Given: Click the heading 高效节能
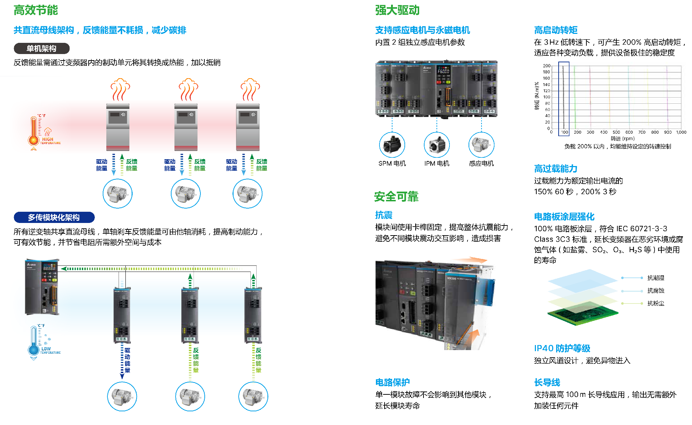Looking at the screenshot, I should tap(36, 10).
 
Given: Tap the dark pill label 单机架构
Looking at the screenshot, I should tap(41, 49).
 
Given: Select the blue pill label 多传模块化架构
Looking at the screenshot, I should tap(54, 218).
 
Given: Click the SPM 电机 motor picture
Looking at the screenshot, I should tap(392, 145).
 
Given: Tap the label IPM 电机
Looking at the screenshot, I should tap(437, 164).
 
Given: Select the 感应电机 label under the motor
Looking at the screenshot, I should tap(482, 164).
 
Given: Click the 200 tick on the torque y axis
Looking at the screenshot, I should tap(546, 66).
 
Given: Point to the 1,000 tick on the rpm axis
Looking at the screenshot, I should tap(681, 132).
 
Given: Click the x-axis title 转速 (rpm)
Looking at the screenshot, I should tap(622, 139).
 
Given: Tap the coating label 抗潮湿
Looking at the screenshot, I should tap(656, 278).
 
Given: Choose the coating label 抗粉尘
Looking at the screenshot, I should tap(656, 303).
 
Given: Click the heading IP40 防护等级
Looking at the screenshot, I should tap(562, 348).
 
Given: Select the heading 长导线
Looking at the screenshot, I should tap(547, 382).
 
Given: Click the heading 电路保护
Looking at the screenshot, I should tap(392, 382).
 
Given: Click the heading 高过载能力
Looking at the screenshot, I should tap(555, 169).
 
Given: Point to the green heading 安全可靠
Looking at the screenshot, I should tap(396, 197).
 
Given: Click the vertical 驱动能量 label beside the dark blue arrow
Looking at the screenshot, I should tap(127, 360).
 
